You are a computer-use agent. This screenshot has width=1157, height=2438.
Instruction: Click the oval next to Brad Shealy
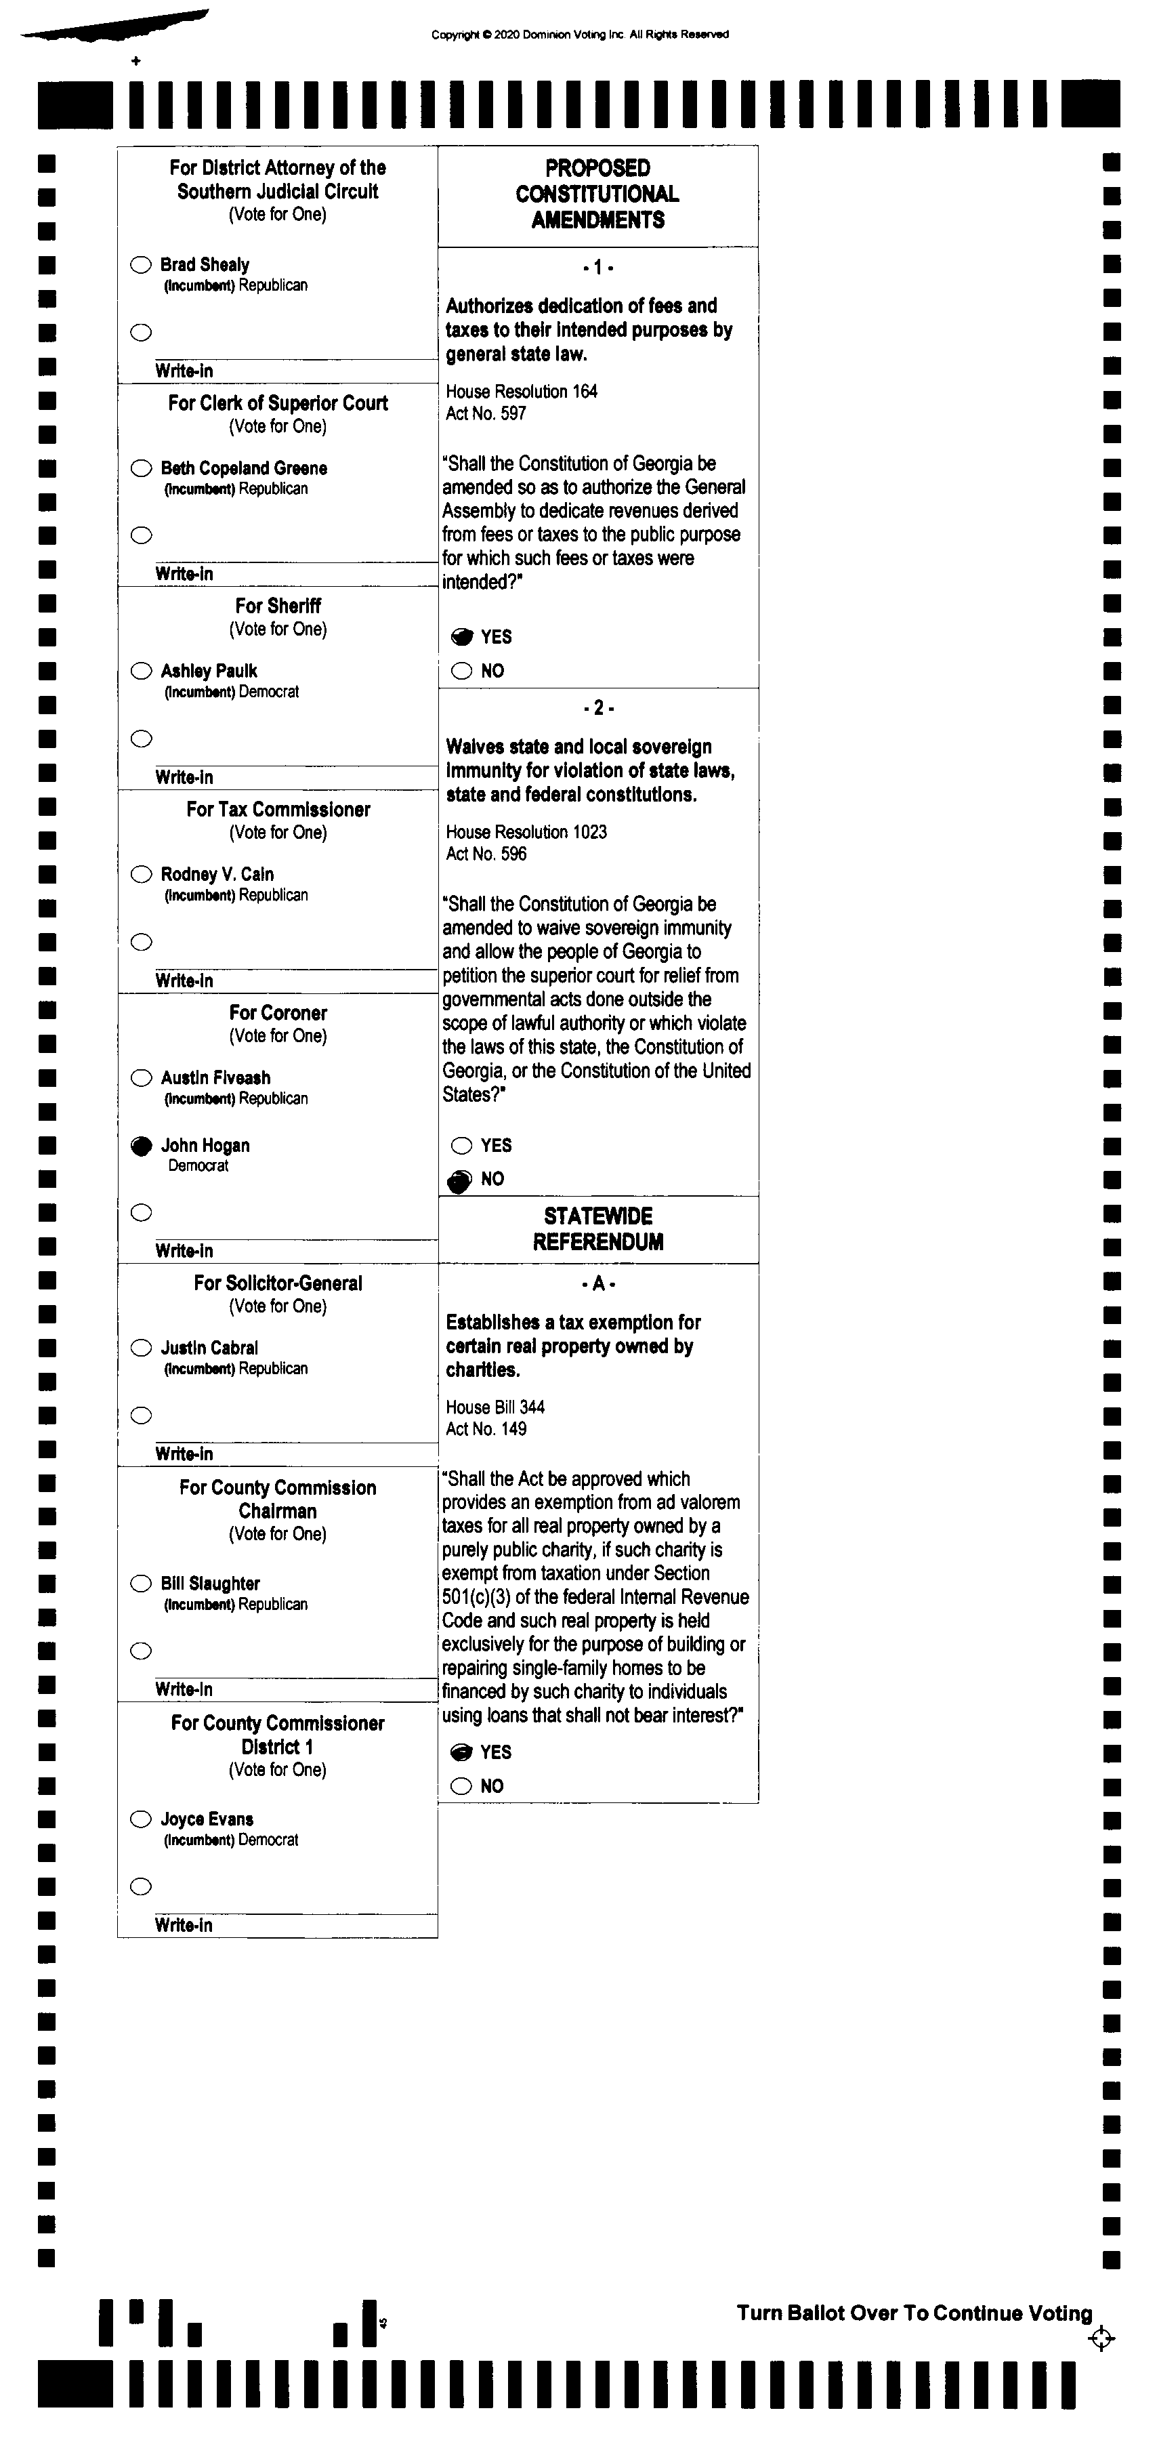(x=141, y=265)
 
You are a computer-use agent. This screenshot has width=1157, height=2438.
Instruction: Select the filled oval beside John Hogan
(x=141, y=1146)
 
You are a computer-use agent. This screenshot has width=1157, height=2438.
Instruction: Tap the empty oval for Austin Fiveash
(x=141, y=1078)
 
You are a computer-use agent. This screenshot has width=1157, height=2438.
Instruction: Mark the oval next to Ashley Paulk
(x=141, y=671)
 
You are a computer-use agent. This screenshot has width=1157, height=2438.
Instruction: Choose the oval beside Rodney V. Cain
(x=141, y=875)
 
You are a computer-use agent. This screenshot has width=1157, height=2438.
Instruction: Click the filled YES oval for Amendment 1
(x=462, y=637)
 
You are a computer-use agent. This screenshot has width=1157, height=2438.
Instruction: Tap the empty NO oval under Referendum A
(x=461, y=1786)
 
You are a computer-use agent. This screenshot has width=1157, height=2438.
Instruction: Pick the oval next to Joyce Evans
(x=141, y=1819)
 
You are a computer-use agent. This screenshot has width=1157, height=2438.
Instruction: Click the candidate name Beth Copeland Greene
(x=243, y=468)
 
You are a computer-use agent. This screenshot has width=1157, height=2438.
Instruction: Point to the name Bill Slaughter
(x=210, y=1584)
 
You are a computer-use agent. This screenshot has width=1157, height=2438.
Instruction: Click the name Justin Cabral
(x=209, y=1348)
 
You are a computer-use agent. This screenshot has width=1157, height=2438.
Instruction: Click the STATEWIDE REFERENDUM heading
(x=598, y=1228)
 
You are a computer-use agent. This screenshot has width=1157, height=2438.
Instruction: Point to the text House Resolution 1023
(x=526, y=832)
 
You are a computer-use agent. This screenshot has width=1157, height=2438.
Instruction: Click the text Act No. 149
(x=486, y=1429)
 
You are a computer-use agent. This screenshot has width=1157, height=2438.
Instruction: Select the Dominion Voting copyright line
(x=580, y=35)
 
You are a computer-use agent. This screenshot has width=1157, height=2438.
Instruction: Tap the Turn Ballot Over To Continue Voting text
(x=914, y=2313)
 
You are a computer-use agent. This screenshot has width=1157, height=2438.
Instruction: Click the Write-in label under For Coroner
(x=184, y=1251)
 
